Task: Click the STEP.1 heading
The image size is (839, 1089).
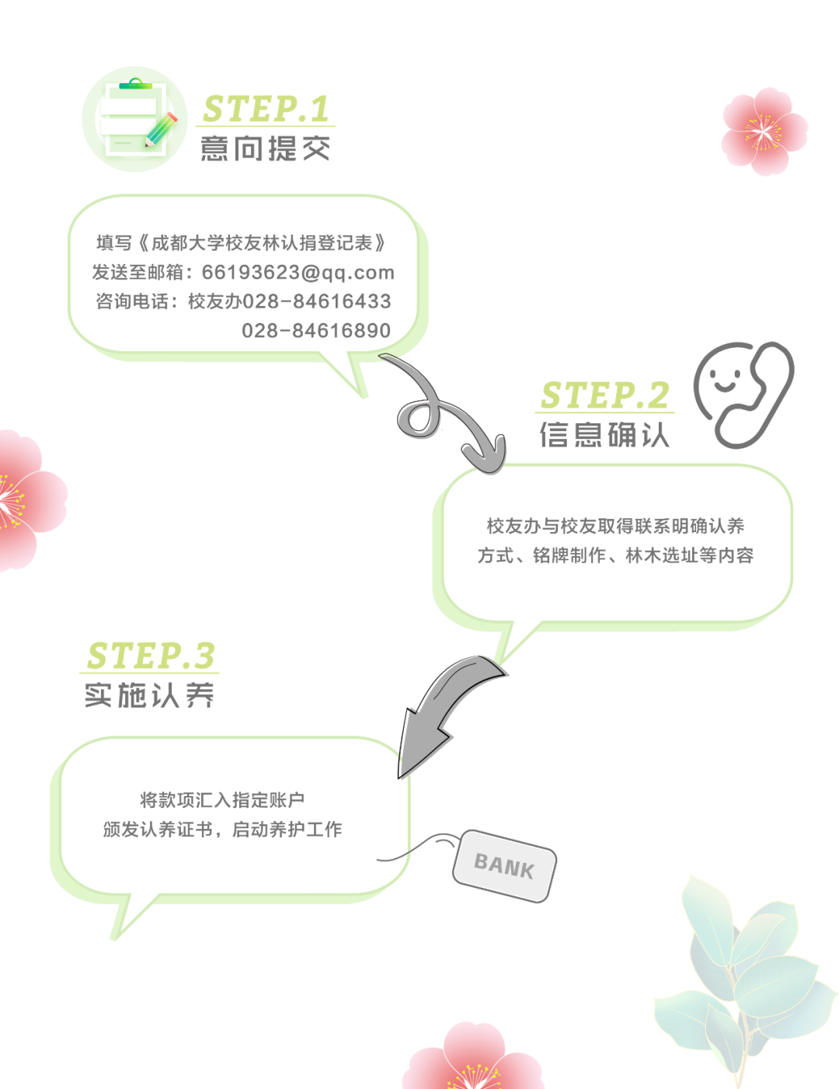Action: pos(266,109)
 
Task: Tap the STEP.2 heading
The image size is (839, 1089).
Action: pos(604,395)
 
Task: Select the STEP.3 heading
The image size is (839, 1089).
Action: pos(151,656)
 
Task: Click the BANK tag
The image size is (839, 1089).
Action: pos(504,865)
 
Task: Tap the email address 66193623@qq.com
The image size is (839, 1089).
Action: pos(298,273)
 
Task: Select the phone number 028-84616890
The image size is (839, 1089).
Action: pos(316,331)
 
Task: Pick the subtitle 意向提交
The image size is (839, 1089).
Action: pos(266,148)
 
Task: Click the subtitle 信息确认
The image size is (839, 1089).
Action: pos(604,435)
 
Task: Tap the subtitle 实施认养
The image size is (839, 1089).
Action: pos(150,695)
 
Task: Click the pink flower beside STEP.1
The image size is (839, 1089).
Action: pos(764,130)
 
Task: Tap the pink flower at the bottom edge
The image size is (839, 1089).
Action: pos(474,1060)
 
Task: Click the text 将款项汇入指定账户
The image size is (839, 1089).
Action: pos(222,800)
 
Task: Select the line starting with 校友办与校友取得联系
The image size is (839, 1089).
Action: pos(615,527)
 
